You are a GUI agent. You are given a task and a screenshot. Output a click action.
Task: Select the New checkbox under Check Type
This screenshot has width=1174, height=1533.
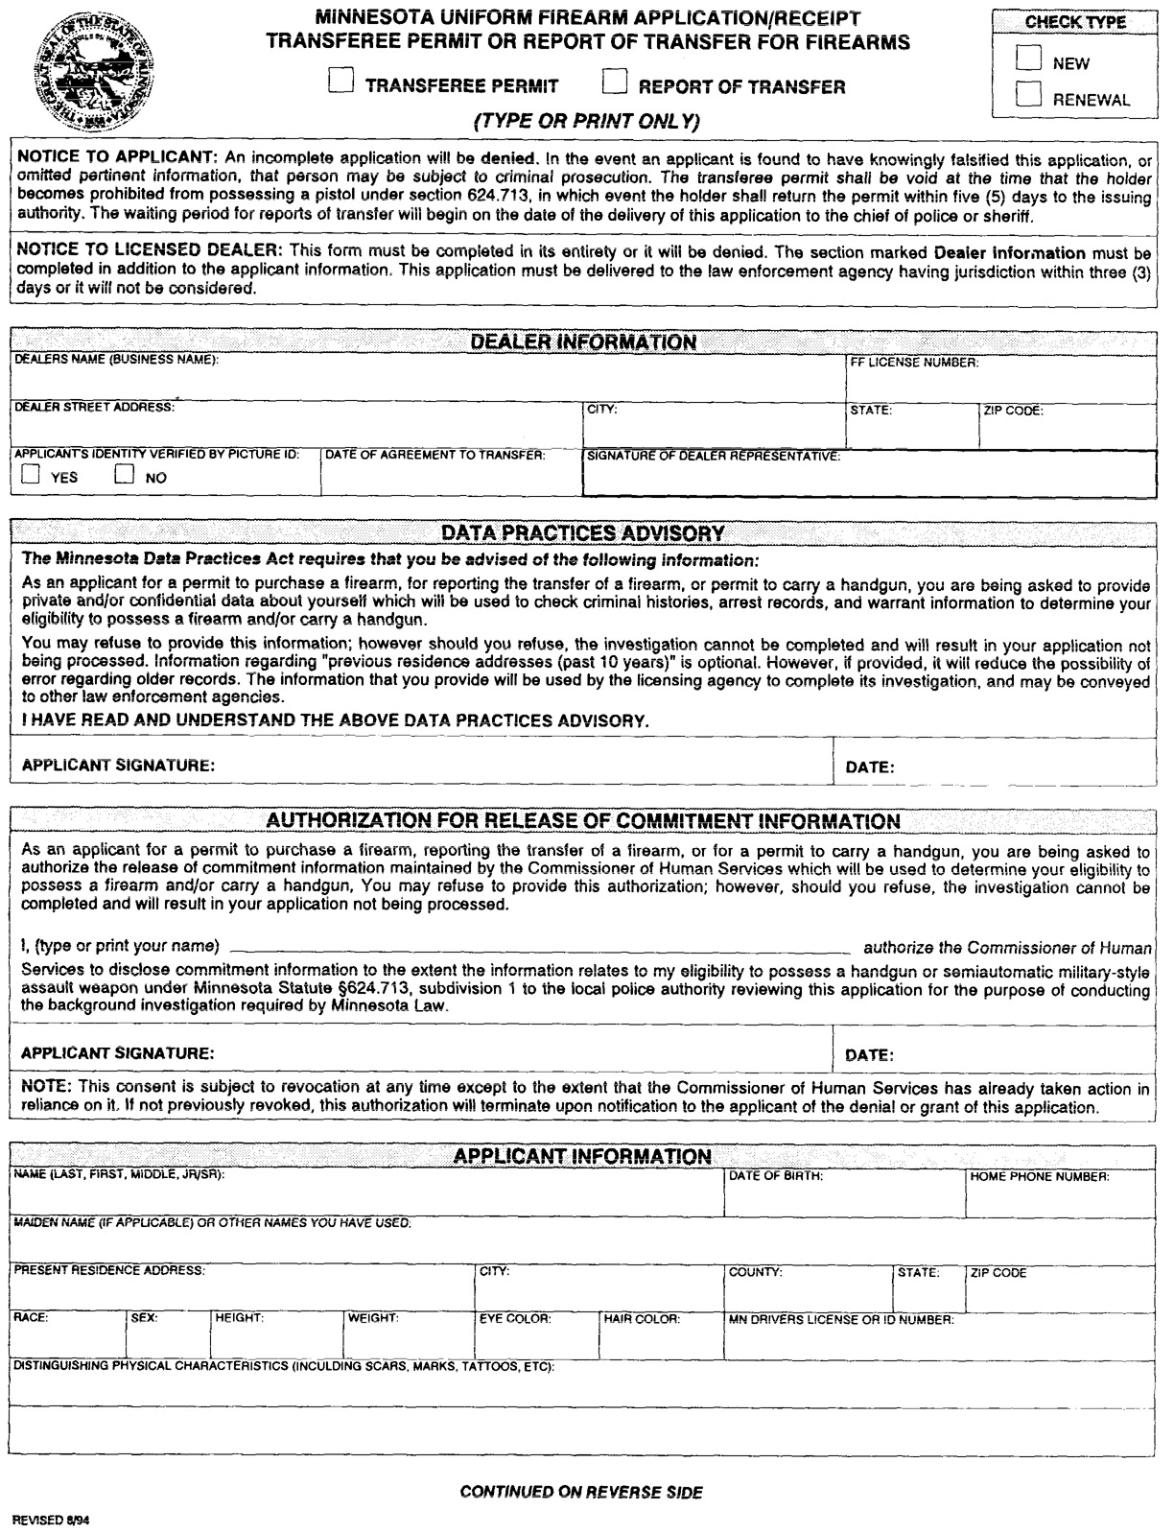[x=1029, y=59]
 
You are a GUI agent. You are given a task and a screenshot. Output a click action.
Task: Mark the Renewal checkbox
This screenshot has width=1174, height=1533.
[x=1029, y=94]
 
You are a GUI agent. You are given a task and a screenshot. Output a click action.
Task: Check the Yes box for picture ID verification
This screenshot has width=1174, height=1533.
[x=31, y=474]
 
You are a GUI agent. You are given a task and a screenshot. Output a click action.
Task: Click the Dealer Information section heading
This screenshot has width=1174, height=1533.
[x=583, y=342]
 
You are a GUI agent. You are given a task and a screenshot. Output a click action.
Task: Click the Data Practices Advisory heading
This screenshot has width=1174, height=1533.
[x=583, y=532]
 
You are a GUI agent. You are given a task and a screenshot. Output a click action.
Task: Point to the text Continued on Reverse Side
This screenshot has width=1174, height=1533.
[x=581, y=1492]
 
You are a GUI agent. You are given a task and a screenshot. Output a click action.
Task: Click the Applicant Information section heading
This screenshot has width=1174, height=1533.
[x=582, y=1156]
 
